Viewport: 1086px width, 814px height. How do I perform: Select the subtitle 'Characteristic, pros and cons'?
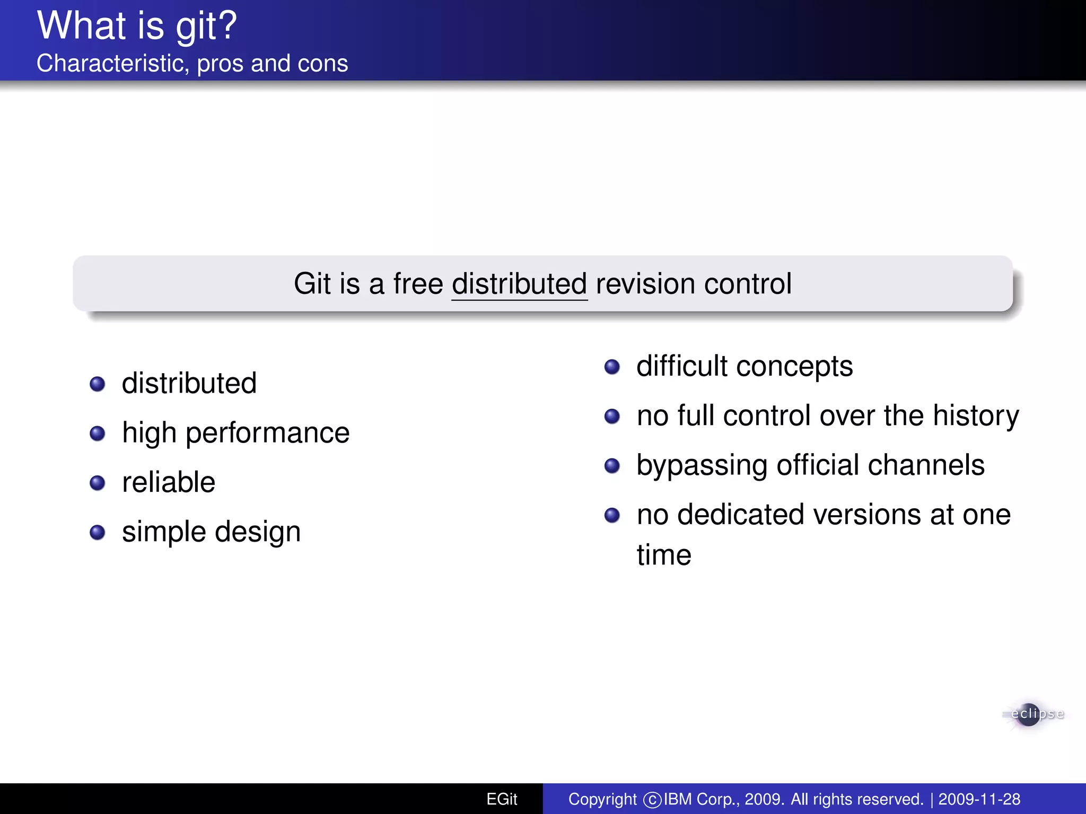click(x=192, y=64)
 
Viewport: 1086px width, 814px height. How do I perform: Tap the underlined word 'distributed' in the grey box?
click(x=519, y=284)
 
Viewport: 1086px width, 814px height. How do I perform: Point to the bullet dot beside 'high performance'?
click(x=98, y=433)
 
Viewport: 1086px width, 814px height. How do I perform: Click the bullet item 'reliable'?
click(x=169, y=482)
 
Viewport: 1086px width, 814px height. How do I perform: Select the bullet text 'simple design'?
click(x=211, y=532)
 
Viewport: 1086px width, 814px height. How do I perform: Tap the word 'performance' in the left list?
click(x=267, y=433)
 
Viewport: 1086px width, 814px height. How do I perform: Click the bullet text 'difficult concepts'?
click(x=745, y=366)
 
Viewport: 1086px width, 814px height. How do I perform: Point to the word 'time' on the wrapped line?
click(x=664, y=555)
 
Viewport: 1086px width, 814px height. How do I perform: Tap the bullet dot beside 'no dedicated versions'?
click(x=612, y=515)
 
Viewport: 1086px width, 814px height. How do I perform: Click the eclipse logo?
click(x=1031, y=714)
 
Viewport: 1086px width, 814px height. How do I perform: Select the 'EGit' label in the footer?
click(x=502, y=799)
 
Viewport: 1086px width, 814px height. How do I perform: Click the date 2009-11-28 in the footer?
click(x=979, y=799)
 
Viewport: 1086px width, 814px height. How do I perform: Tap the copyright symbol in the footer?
click(x=652, y=800)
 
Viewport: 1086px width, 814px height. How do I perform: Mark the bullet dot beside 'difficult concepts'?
click(x=612, y=367)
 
